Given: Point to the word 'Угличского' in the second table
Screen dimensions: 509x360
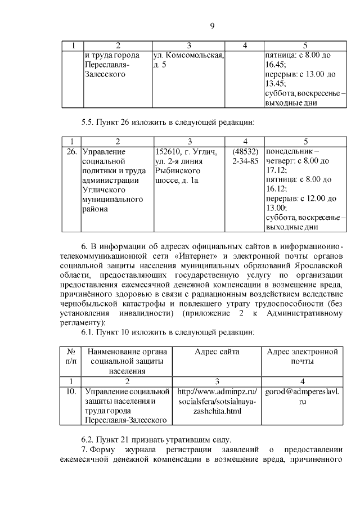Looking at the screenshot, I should coord(103,190).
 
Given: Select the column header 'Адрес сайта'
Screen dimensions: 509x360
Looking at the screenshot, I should coord(217,352).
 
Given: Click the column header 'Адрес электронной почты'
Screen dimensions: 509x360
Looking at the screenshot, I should coord(301,357).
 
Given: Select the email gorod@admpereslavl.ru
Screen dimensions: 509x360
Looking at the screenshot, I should coord(301,397).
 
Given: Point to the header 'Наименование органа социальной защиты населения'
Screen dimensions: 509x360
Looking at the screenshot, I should coord(127,361).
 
